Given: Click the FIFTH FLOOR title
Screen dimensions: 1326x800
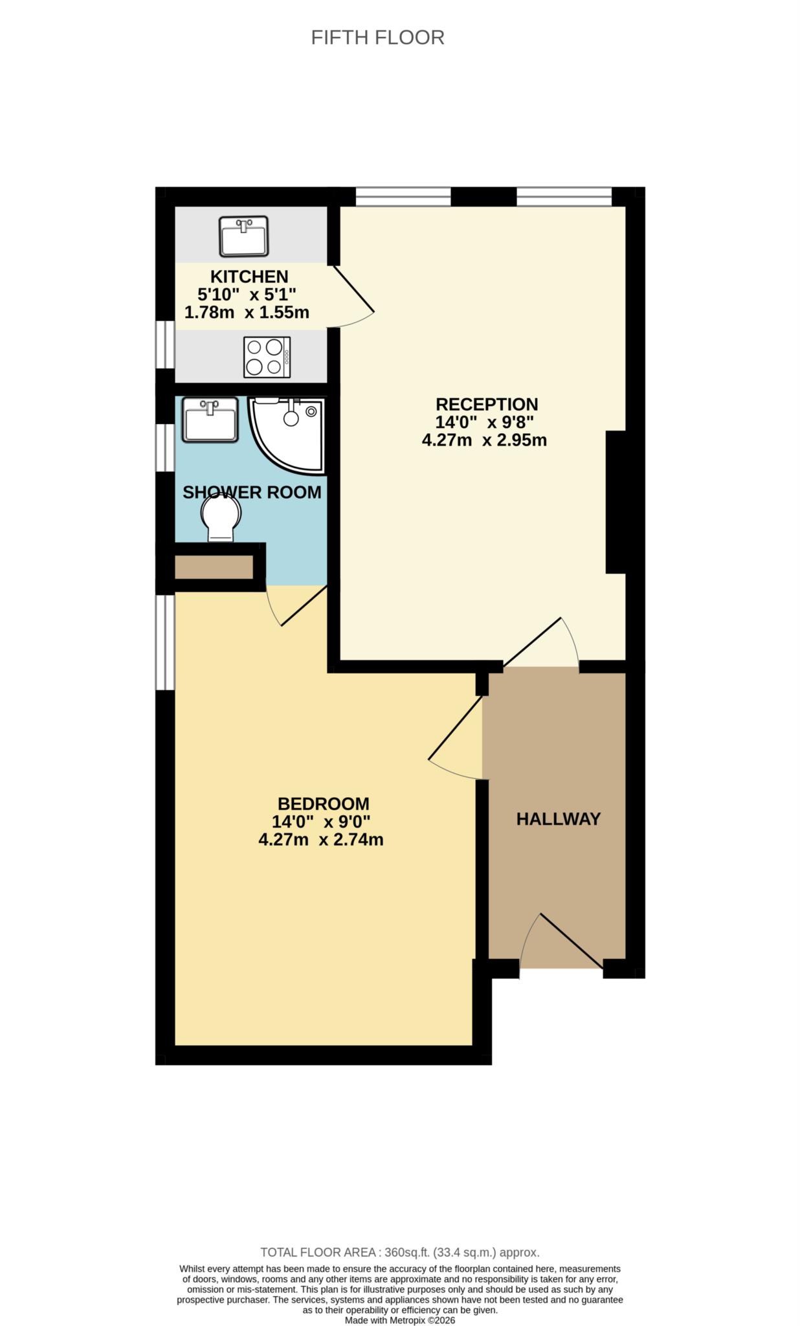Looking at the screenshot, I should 377,38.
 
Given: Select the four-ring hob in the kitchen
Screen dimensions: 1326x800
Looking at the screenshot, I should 267,357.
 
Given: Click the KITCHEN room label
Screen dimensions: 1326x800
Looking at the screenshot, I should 249,276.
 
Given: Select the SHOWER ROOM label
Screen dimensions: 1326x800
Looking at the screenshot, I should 252,492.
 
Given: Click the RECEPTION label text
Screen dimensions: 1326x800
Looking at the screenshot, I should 487,404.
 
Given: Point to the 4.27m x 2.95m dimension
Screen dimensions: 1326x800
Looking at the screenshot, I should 484,440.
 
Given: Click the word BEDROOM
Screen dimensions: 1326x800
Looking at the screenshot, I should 324,803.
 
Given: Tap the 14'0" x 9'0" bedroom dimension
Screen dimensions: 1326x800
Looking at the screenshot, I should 321,822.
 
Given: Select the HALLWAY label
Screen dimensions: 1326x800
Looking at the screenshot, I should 559,819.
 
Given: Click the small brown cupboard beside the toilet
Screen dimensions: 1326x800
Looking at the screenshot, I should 214,567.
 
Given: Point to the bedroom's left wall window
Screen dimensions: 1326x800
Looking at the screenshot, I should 166,642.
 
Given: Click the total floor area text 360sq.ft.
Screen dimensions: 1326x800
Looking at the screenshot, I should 399,1252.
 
